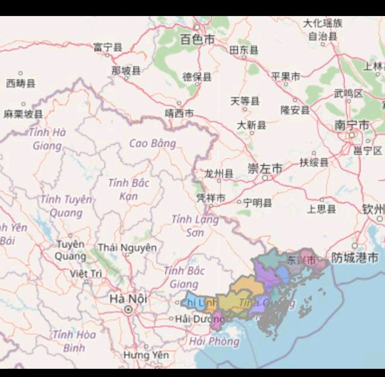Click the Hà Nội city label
coord(128,299)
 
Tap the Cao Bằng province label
coord(153,144)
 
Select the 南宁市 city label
coord(351,125)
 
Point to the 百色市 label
coord(197,40)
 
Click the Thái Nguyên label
coord(127,247)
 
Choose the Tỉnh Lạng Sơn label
coord(195,226)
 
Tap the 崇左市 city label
coord(265,169)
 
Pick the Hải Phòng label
coord(215,341)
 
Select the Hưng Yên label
coord(146,355)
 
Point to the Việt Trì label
coord(86,274)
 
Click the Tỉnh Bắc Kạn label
coord(129,189)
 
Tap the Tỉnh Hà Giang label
coord(48,139)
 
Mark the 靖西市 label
coord(179,113)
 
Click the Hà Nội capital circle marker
coord(128,310)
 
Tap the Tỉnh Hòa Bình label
coord(74,341)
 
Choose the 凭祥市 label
coord(211,198)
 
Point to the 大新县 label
coord(252,125)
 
